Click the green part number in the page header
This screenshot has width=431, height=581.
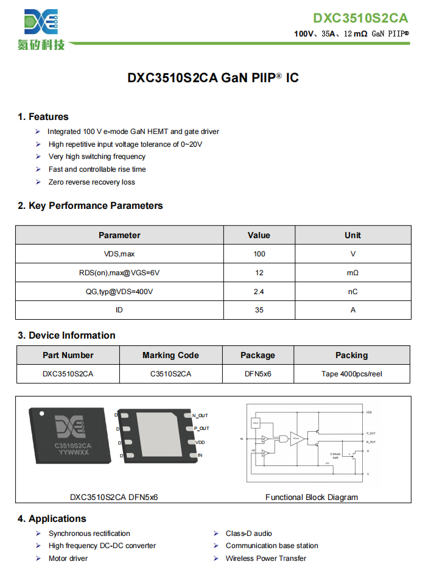point(360,18)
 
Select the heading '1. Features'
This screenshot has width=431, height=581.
point(43,117)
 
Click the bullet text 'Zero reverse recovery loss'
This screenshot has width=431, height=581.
point(92,182)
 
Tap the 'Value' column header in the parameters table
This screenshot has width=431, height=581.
point(259,235)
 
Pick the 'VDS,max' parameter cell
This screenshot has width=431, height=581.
point(119,254)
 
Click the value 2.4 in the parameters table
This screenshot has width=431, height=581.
point(259,292)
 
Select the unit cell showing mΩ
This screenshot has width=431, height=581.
point(352,273)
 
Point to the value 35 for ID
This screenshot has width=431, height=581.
point(259,310)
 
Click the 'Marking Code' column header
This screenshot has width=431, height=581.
point(170,355)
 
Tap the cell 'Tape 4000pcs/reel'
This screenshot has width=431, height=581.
point(352,374)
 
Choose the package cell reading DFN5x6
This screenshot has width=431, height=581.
point(258,374)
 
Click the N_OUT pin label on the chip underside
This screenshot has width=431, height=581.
point(200,415)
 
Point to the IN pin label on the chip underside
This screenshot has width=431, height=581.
point(200,455)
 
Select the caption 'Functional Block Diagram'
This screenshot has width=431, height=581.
point(312,497)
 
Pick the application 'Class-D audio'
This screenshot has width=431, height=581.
point(249,533)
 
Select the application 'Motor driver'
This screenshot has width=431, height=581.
point(68,558)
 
